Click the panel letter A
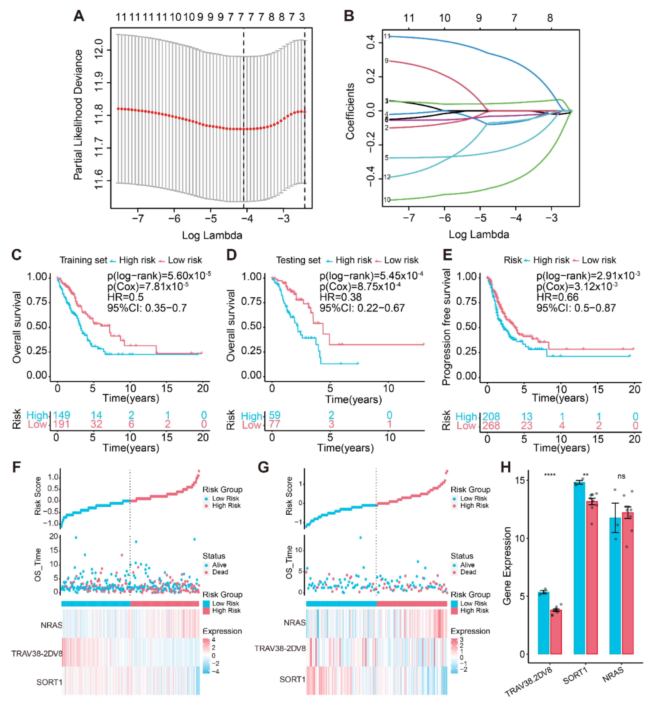point(79,16)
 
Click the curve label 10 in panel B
point(387,200)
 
